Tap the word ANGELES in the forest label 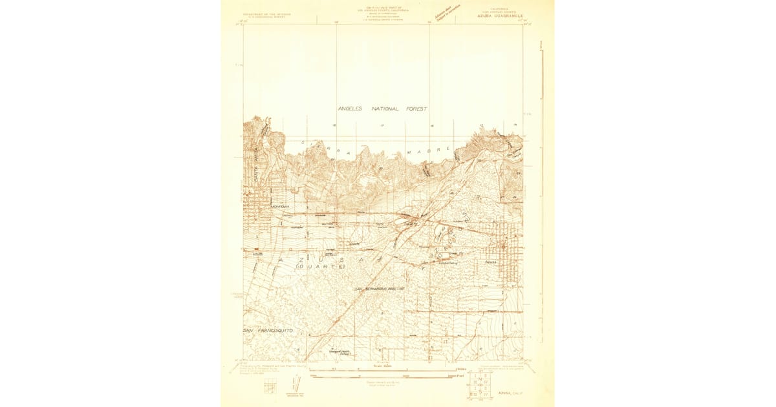click(x=353, y=109)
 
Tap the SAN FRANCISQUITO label click(x=268, y=330)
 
